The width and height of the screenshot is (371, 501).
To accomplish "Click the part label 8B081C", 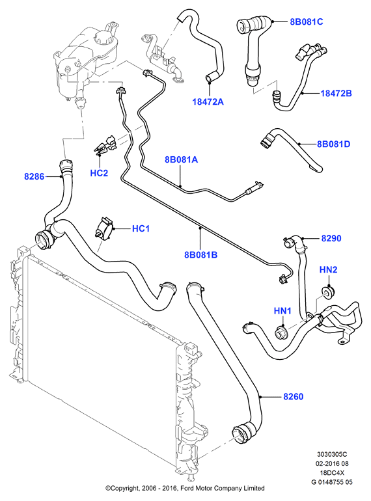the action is click(x=307, y=21).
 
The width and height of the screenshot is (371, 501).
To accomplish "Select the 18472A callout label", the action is click(x=208, y=102).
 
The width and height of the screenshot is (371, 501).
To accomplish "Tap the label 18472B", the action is click(x=336, y=93).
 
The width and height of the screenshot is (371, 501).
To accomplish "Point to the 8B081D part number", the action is click(x=334, y=144).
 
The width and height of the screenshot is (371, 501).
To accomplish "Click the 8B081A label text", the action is click(x=181, y=159).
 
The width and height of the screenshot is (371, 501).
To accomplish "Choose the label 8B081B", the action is click(x=200, y=255).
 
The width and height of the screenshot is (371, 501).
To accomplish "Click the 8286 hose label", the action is click(x=34, y=176).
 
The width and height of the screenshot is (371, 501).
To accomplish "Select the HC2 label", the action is click(x=99, y=173).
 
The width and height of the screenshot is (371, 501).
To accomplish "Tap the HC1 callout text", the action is click(x=141, y=229).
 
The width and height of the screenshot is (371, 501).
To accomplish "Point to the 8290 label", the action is click(x=331, y=238).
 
